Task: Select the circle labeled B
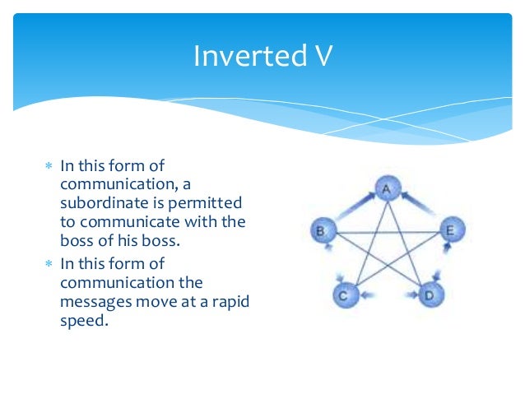(322, 230)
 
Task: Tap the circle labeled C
(346, 293)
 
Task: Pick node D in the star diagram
(429, 293)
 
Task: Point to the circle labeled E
(449, 230)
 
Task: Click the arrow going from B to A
(351, 205)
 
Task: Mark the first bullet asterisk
(49, 166)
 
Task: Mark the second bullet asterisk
(49, 264)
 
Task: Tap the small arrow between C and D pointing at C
(369, 294)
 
